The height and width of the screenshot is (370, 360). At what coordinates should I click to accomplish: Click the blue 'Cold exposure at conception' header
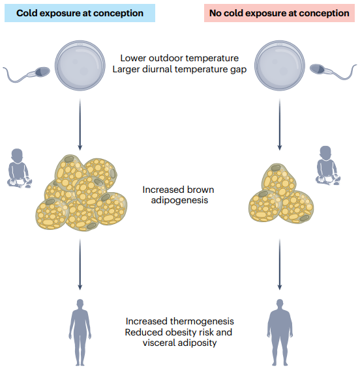pos(80,13)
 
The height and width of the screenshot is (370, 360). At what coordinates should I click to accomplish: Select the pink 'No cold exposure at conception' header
pos(279,13)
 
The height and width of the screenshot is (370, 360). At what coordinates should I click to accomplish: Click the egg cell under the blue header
pos(80,65)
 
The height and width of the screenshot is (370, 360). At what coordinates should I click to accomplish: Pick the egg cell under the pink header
pos(280,65)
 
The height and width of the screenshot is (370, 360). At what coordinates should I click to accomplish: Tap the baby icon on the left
pos(20,168)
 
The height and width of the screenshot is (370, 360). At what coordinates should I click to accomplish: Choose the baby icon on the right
pos(327,165)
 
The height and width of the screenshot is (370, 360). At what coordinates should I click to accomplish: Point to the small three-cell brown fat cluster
pos(281,193)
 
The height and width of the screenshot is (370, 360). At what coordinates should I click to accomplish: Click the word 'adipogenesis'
pos(179,200)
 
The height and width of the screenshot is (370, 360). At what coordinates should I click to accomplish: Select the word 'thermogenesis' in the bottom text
pos(202,321)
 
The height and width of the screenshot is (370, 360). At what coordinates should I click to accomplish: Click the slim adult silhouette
pos(80,333)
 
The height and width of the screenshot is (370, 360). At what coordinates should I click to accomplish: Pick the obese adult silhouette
pos(280,333)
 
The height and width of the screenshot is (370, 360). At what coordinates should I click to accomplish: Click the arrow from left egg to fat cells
pos(80,124)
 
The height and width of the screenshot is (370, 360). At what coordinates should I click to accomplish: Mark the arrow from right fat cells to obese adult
pos(280,264)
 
